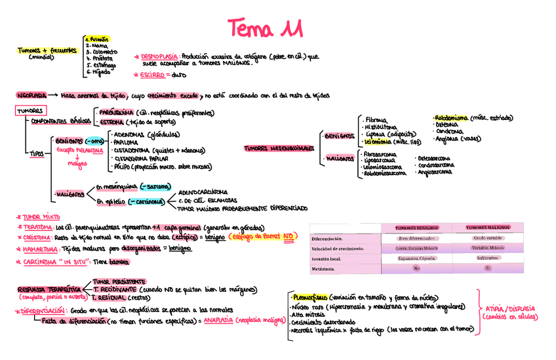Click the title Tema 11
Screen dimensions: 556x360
pyautogui.click(x=265, y=28)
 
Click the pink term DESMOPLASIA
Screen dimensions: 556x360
pyautogui.click(x=158, y=57)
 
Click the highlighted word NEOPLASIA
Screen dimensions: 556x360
pyautogui.click(x=32, y=95)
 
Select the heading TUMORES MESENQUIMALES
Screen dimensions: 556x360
pyautogui.click(x=279, y=148)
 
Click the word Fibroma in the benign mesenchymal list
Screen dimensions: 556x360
pyautogui.click(x=376, y=120)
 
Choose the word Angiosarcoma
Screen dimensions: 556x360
pyautogui.click(x=434, y=172)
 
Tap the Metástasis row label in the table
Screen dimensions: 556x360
pyautogui.click(x=327, y=269)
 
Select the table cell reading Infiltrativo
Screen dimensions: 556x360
pyautogui.click(x=487, y=258)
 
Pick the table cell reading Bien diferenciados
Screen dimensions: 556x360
pyautogui.click(x=417, y=238)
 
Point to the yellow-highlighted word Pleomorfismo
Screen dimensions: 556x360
pyautogui.click(x=308, y=297)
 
